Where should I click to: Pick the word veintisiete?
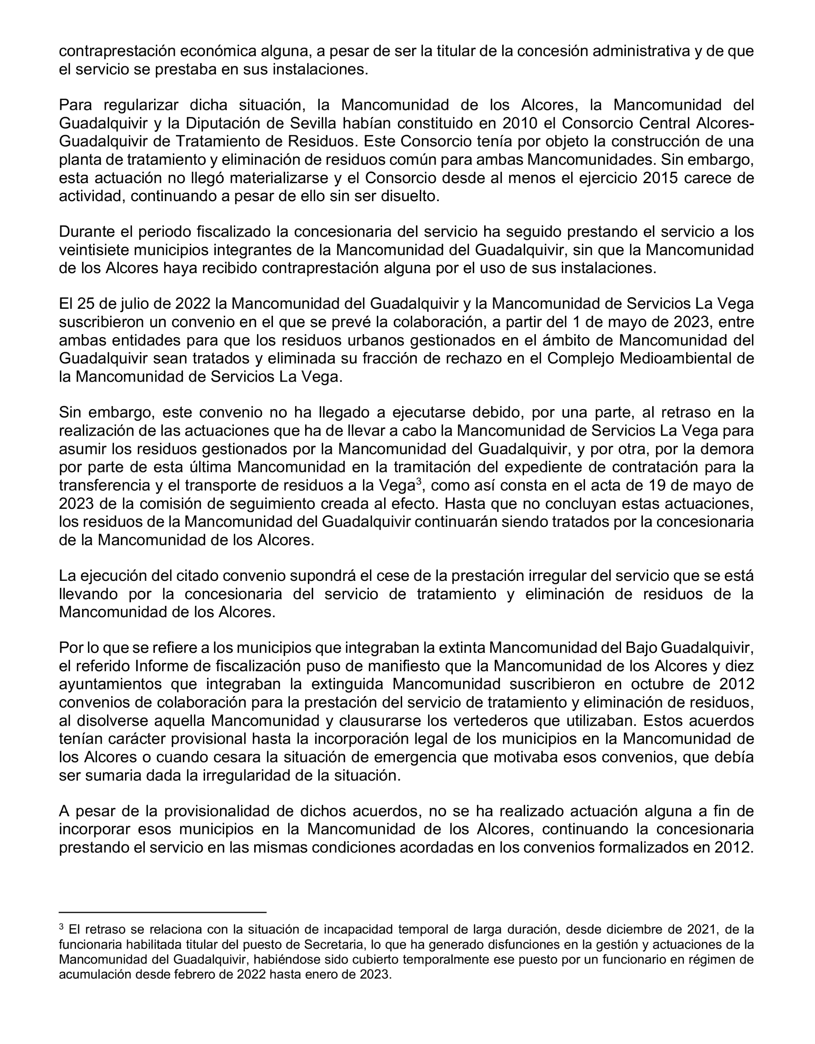click(x=96, y=250)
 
